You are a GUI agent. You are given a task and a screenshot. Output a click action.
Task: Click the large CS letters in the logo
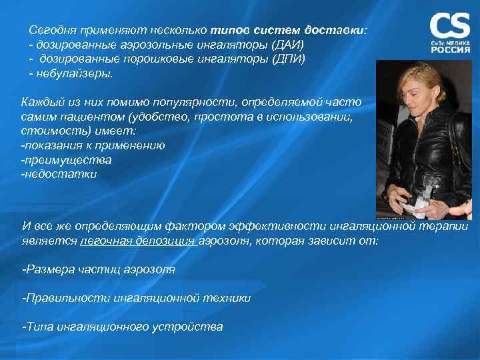pyautogui.click(x=449, y=25)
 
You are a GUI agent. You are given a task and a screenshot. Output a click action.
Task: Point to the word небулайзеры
pyautogui.click(x=74, y=73)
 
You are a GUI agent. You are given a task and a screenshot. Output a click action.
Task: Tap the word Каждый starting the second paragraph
pyautogui.click(x=41, y=103)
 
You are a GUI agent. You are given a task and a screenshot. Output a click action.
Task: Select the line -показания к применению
pyautogui.click(x=93, y=145)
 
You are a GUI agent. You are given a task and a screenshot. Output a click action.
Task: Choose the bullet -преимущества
pyautogui.click(x=66, y=160)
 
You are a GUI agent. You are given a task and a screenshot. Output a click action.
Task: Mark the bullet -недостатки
pyautogui.click(x=59, y=174)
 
